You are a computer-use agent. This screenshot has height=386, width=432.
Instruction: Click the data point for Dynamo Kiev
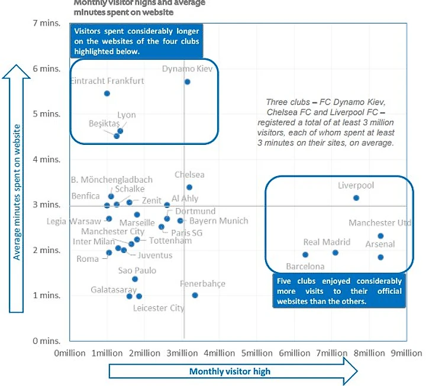point(188,82)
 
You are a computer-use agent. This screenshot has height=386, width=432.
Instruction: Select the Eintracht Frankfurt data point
point(107,93)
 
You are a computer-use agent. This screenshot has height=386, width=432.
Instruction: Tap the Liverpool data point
point(356,198)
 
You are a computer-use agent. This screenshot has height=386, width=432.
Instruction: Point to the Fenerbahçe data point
point(195,295)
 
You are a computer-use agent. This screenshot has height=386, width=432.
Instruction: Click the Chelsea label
point(189,175)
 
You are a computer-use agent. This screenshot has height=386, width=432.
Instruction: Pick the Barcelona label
point(305,267)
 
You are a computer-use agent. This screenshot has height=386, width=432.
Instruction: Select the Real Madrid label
point(327,242)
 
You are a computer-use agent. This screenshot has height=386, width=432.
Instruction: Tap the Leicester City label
point(159,308)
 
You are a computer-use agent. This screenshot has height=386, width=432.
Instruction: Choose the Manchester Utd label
point(380,223)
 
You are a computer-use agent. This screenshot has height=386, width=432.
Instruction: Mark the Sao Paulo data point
point(135,279)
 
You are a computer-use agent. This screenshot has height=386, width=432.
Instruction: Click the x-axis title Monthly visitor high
point(230,372)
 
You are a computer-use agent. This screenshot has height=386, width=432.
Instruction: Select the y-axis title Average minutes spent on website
point(17,192)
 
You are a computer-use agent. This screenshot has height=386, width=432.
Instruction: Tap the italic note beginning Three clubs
point(330,123)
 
